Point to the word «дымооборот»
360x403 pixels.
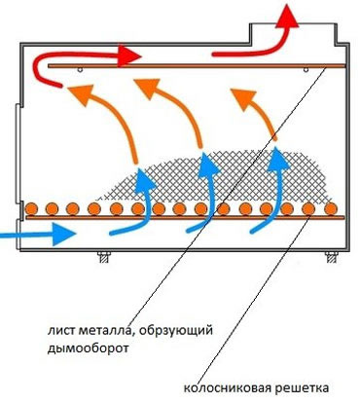click(x=88, y=348)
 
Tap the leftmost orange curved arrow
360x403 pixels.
click(x=117, y=114)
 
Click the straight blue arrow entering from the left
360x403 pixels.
click(x=38, y=234)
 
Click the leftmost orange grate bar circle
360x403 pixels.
click(x=31, y=209)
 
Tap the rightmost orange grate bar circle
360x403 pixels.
click(x=331, y=209)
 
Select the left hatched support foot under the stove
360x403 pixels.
click(x=104, y=257)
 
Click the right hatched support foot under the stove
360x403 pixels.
click(x=331, y=257)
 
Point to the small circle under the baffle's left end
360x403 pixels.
click(x=81, y=70)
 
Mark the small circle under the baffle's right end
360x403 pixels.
click(x=306, y=70)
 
